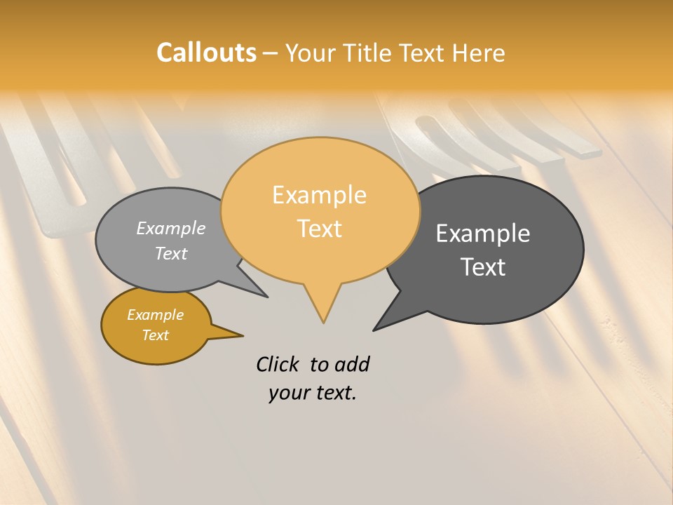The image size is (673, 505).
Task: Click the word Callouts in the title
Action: (206, 53)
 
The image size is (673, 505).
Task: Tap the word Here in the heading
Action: (478, 53)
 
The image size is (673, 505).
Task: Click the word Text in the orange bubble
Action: (320, 229)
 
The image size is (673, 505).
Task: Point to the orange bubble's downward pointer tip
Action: (323, 322)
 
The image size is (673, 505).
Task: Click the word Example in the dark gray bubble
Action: (483, 234)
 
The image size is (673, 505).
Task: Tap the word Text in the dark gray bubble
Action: (483, 267)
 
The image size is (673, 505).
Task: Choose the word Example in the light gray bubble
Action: (170, 228)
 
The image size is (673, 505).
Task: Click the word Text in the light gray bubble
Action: (170, 253)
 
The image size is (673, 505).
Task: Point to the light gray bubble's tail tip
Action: (266, 297)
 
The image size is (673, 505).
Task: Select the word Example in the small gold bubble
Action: (155, 315)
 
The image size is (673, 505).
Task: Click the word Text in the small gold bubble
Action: (155, 335)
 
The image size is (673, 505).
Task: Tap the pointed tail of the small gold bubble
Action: (242, 335)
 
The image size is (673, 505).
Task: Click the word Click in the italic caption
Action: (279, 364)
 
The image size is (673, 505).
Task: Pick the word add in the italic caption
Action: (352, 365)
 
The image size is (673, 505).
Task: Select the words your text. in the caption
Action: (312, 393)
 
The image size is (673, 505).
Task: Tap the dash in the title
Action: (271, 53)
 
